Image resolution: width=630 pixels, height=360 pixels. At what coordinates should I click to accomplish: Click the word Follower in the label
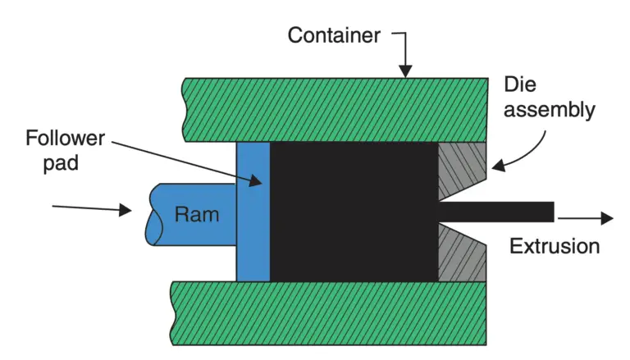[x=64, y=137]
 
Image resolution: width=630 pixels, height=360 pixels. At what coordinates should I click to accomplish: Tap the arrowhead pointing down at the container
[x=404, y=71]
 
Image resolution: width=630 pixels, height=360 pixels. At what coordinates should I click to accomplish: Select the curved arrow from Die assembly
[x=525, y=152]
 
